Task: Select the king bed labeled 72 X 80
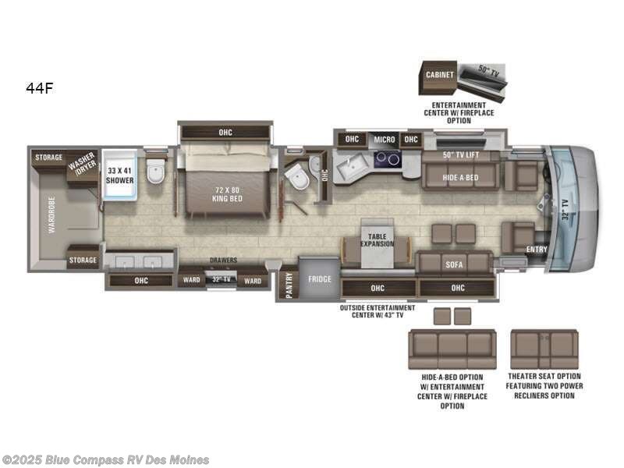coord(225,193)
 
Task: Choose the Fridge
coord(319,278)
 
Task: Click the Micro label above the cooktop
coord(385,140)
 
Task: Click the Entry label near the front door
coord(537,250)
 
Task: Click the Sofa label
coord(454,264)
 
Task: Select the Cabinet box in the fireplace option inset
coord(440,75)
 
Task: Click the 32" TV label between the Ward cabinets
coord(222,279)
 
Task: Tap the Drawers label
coord(223,261)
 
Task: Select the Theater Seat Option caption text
coord(544,386)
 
